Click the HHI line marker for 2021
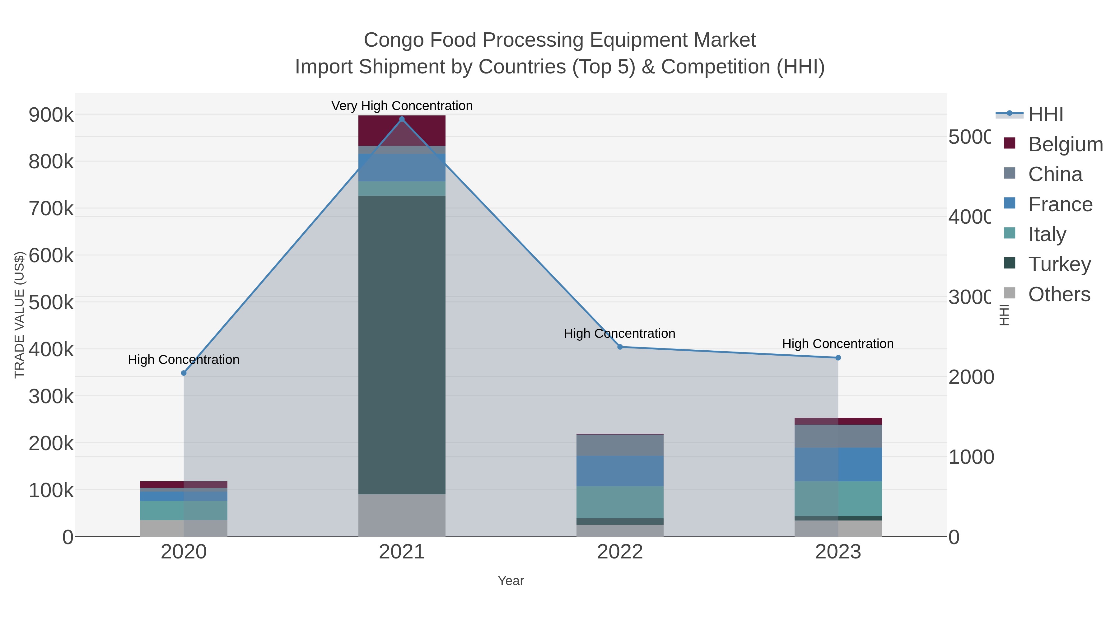(402, 119)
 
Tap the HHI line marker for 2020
(184, 373)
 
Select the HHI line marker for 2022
(620, 347)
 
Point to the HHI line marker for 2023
(838, 358)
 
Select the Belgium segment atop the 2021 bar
(402, 130)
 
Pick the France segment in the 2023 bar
(838, 464)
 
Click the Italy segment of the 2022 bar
(620, 502)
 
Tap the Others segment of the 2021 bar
(402, 515)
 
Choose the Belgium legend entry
(1065, 144)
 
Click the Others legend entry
(1059, 294)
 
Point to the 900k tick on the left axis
(51, 115)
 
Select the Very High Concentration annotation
(402, 106)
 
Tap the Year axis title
(511, 581)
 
